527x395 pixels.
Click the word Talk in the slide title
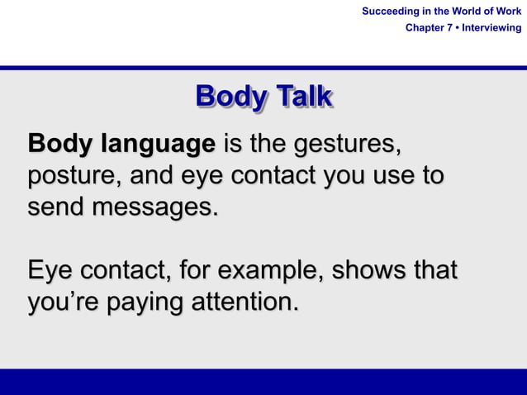(304, 97)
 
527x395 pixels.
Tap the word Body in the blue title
(231, 97)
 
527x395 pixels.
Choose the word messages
(154, 207)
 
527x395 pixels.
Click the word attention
(244, 302)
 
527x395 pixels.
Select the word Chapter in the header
(425, 28)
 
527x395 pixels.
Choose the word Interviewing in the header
(491, 28)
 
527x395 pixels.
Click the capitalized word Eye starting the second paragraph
(49, 270)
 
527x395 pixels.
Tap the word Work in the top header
(507, 12)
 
